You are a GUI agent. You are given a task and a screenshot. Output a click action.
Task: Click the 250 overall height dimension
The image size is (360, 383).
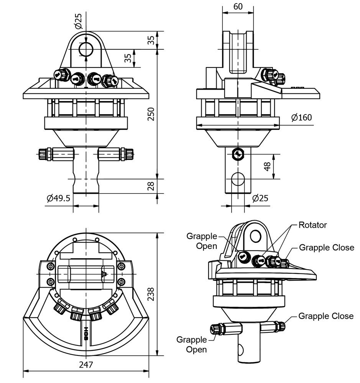click(151, 114)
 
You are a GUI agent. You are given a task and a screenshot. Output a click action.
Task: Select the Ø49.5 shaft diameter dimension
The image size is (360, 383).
click(58, 198)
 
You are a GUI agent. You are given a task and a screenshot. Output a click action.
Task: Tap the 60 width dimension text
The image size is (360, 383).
click(238, 7)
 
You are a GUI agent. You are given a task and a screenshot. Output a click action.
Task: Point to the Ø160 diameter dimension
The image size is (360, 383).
click(301, 117)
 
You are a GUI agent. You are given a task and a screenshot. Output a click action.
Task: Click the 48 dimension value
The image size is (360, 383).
click(267, 166)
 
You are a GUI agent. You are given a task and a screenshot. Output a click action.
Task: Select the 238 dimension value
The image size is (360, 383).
click(151, 294)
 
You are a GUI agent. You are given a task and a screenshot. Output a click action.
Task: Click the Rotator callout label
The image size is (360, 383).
click(312, 225)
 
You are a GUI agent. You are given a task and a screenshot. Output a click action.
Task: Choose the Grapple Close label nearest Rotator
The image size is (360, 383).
click(326, 247)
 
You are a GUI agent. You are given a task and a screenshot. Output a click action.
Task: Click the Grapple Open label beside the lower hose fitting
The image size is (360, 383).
click(192, 344)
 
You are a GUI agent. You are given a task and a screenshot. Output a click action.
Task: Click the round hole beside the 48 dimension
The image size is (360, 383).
click(238, 179)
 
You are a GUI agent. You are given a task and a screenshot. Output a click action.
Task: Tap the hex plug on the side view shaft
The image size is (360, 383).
click(238, 154)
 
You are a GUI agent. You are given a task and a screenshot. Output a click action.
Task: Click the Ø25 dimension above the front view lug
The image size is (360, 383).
click(79, 21)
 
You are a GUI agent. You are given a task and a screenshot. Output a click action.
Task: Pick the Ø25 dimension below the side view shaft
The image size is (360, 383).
click(260, 198)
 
